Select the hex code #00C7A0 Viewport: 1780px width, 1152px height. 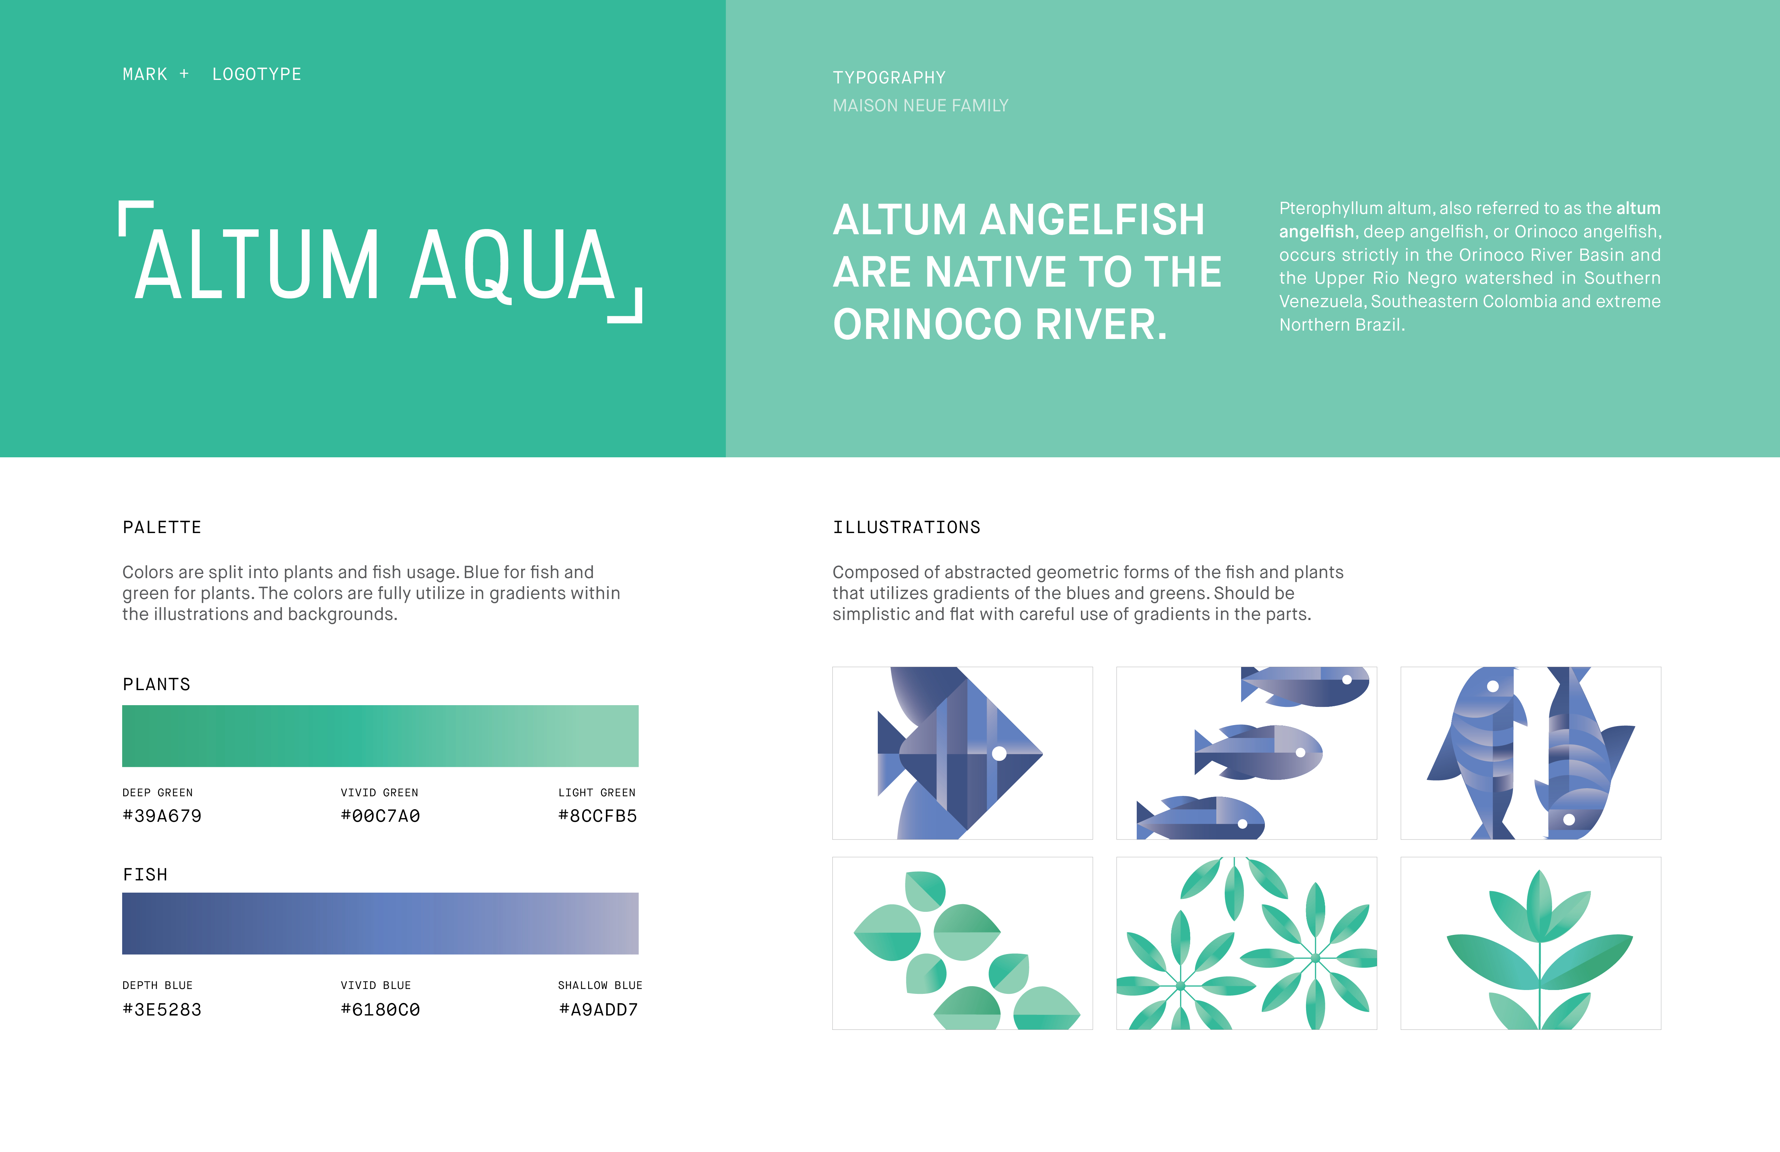pos(380,816)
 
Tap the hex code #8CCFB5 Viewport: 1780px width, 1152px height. pos(598,816)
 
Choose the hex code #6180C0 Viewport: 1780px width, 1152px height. pos(380,1010)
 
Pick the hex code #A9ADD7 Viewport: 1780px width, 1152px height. pos(598,1010)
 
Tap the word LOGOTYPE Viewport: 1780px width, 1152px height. pos(257,74)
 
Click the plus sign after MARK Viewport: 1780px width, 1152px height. pos(184,74)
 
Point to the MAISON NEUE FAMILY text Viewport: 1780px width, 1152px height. pos(921,105)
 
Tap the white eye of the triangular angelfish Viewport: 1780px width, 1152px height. pos(999,753)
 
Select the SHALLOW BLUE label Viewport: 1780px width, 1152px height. pos(600,985)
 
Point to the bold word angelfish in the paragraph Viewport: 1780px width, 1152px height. pos(1316,232)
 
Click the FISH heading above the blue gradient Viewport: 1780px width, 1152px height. pos(145,874)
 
